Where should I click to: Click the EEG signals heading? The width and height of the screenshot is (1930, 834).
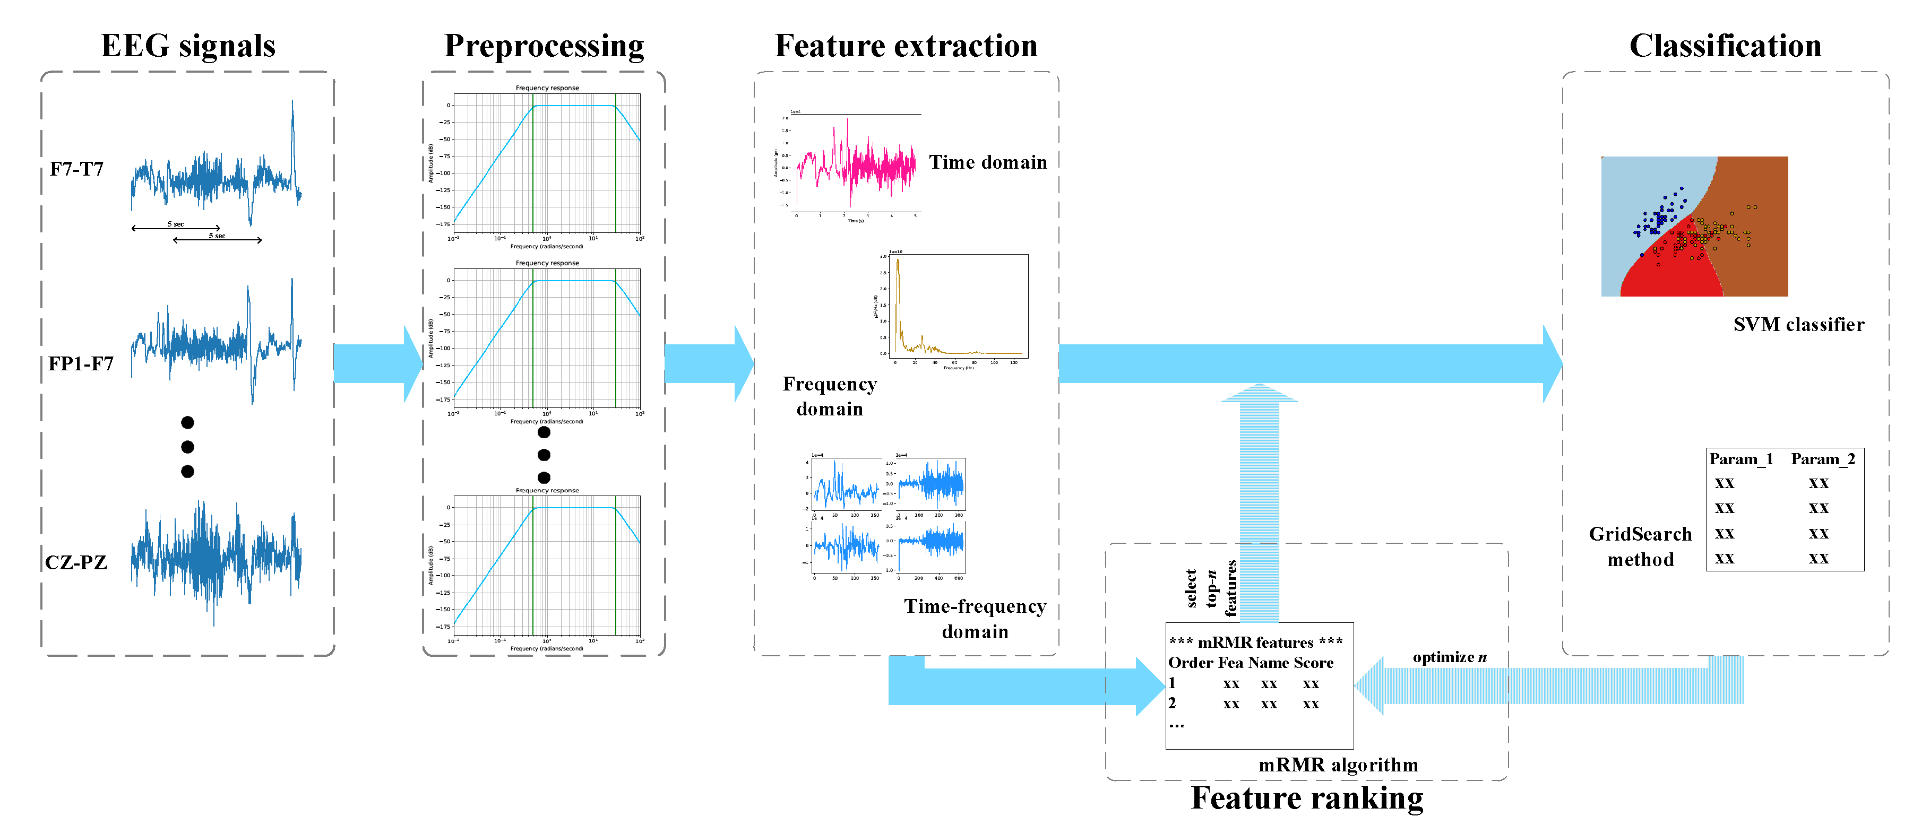pyautogui.click(x=188, y=46)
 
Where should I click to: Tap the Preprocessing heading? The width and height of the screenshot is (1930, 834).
pyautogui.click(x=544, y=46)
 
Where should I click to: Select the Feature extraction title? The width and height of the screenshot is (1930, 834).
pyautogui.click(x=906, y=46)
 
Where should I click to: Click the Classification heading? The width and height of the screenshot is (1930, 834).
pyautogui.click(x=1725, y=46)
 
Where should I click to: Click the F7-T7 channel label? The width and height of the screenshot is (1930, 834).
pyautogui.click(x=76, y=169)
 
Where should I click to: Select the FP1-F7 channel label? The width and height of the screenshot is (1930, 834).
pyautogui.click(x=81, y=364)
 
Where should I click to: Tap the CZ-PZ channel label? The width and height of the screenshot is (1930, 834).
pyautogui.click(x=76, y=562)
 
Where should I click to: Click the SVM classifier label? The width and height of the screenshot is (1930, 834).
pyautogui.click(x=1798, y=325)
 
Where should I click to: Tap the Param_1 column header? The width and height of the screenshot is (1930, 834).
pyautogui.click(x=1741, y=459)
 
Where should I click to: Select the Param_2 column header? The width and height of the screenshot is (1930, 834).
pyautogui.click(x=1822, y=459)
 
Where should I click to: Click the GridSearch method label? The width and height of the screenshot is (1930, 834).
pyautogui.click(x=1640, y=546)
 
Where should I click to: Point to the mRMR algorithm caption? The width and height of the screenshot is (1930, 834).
pyautogui.click(x=1338, y=765)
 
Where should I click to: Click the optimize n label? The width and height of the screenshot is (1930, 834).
pyautogui.click(x=1449, y=657)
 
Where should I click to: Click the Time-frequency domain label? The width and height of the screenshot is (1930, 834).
pyautogui.click(x=975, y=619)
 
